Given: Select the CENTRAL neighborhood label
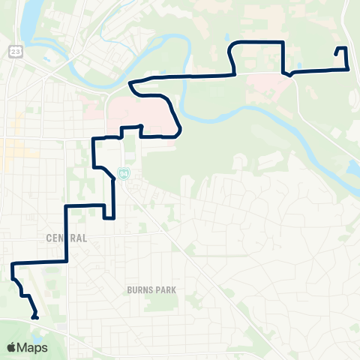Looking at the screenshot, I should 66,238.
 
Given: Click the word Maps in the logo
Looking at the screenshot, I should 32,347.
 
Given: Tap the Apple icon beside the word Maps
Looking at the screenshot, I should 12,346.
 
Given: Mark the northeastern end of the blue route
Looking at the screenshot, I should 335,55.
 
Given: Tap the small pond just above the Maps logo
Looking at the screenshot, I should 20,328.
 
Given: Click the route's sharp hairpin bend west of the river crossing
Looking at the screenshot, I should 131,85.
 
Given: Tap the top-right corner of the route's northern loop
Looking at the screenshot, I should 282,42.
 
